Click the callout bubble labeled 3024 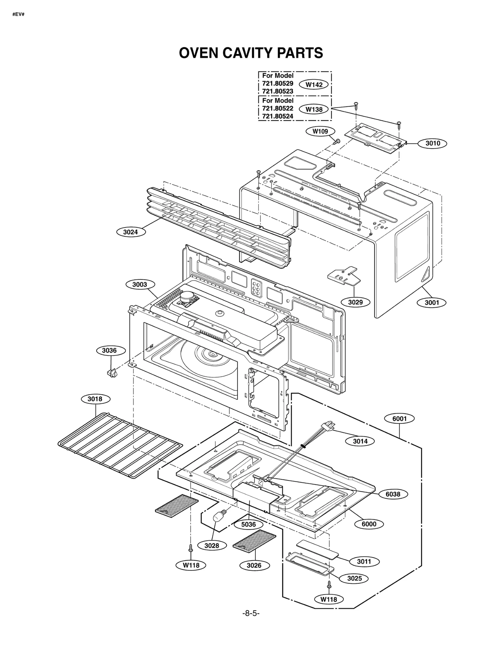click(x=131, y=232)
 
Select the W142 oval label click(x=314, y=85)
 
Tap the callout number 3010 click(x=432, y=143)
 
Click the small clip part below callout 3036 click(x=111, y=373)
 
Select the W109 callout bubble click(x=320, y=131)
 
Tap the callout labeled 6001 click(x=399, y=419)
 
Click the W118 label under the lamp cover click(x=328, y=599)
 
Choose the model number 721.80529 click(x=278, y=83)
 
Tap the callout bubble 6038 click(x=393, y=494)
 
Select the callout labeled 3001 click(x=432, y=303)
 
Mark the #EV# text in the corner click(x=18, y=14)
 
